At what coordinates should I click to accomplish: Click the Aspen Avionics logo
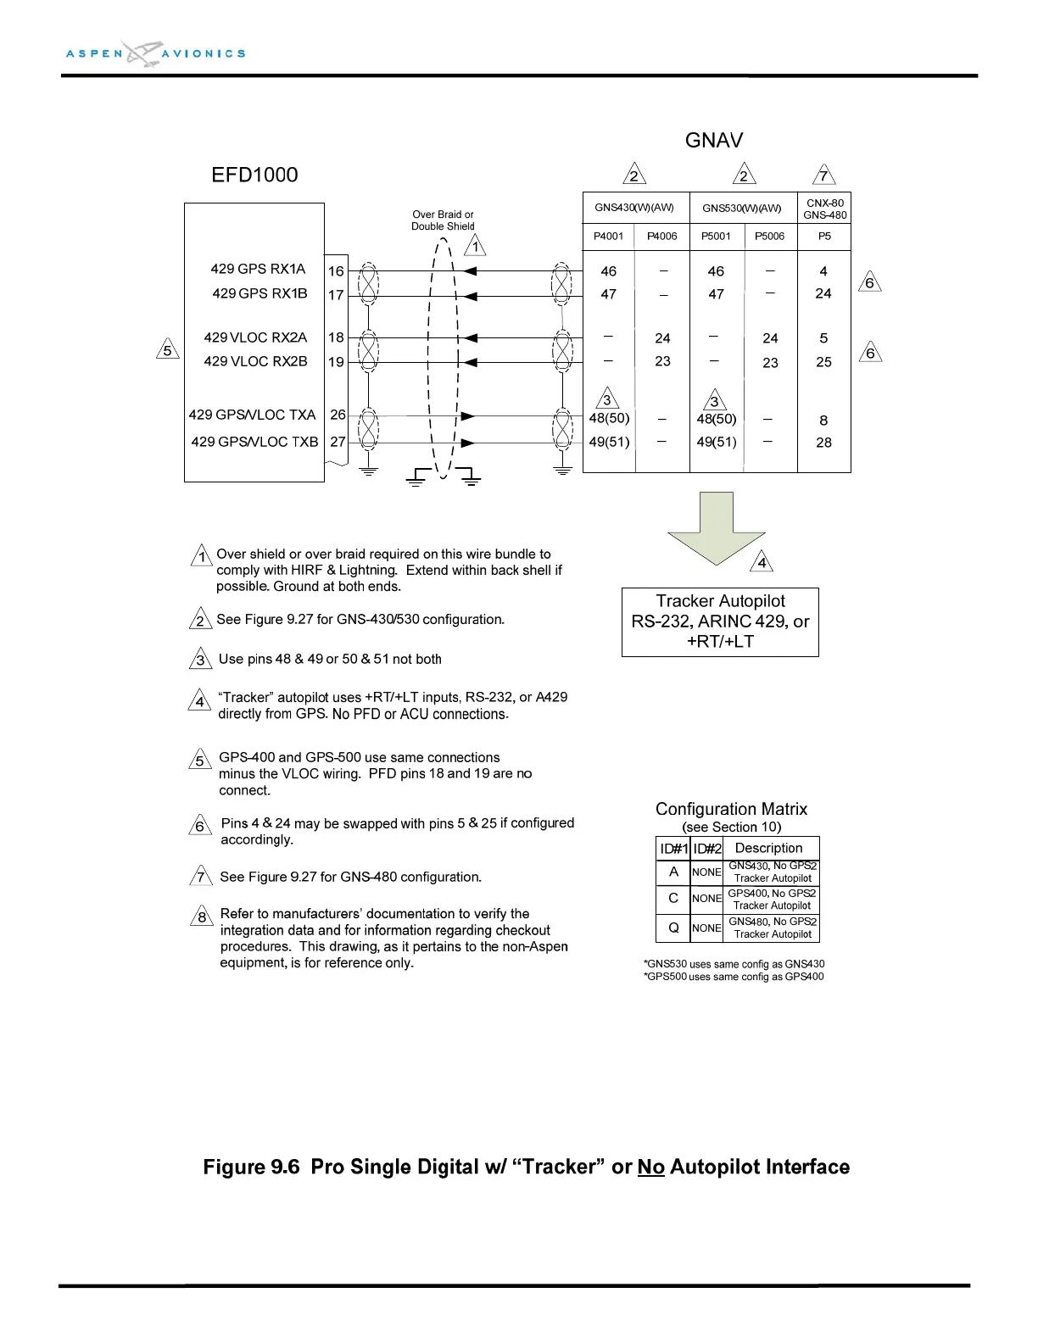coord(156,53)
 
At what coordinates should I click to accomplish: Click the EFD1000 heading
coord(254,176)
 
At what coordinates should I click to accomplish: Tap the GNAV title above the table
coord(713,141)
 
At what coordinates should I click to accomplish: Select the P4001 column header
coord(608,237)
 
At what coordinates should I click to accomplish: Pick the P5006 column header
coord(770,237)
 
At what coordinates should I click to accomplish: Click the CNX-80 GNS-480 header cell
coord(824,209)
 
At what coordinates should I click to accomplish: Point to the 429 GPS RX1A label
coord(258,270)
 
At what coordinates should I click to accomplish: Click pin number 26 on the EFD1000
coord(338,415)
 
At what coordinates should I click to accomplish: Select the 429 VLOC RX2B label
coord(255,362)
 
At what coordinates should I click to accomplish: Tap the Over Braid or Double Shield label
coord(443,220)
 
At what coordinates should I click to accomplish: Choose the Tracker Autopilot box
coord(720,621)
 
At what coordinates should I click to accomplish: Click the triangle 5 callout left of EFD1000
coord(168,350)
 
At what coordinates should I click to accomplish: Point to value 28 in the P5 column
coord(823,443)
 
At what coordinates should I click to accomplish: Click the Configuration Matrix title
coord(731,809)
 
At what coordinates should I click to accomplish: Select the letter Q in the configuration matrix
coord(673,928)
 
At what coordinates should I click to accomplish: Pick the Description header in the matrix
coord(768,848)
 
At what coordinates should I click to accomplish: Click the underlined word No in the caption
coord(650,1167)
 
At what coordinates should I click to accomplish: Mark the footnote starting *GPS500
coord(734,977)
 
